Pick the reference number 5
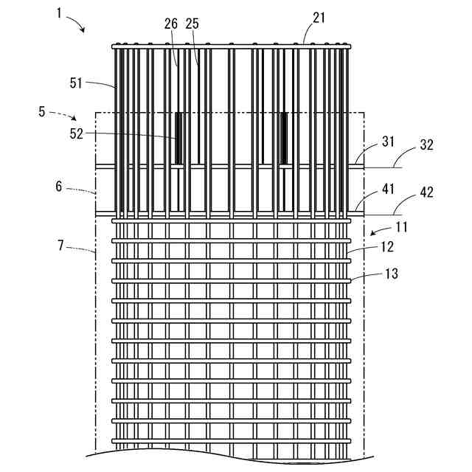point(41,112)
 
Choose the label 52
point(77,133)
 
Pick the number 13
point(391,274)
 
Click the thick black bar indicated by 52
point(178,138)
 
